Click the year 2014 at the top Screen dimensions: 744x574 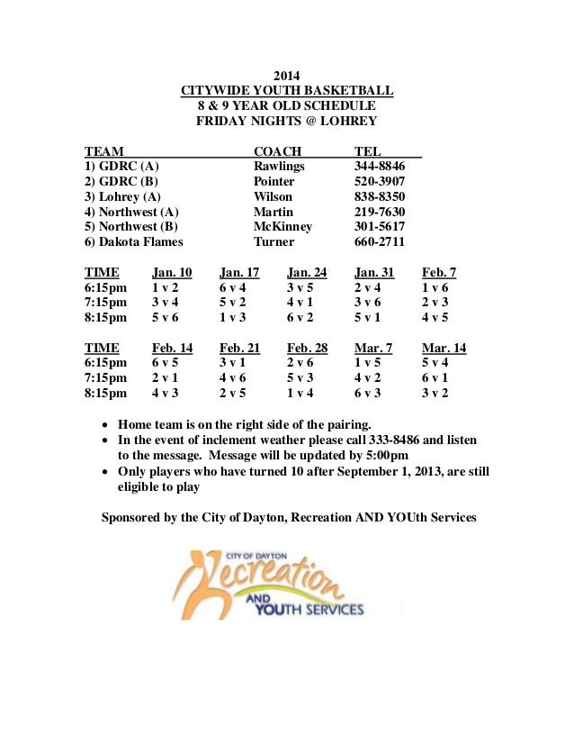(x=286, y=76)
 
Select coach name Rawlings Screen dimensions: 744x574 (x=279, y=167)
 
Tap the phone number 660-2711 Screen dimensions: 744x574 (x=380, y=242)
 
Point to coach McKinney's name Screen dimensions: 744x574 (x=283, y=227)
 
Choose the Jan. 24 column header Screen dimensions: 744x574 (x=307, y=272)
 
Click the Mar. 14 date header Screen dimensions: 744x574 (x=444, y=349)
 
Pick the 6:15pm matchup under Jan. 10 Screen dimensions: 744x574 (x=165, y=287)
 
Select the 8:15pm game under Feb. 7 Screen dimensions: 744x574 (x=435, y=318)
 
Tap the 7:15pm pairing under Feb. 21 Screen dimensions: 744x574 (x=232, y=378)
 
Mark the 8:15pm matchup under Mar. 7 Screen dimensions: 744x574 (x=367, y=394)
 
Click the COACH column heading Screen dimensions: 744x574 (x=277, y=151)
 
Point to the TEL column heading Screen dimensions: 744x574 (x=368, y=151)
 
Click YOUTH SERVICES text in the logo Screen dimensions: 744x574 (x=310, y=610)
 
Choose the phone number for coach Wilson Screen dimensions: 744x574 (x=380, y=196)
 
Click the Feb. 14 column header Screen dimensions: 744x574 (x=172, y=349)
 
